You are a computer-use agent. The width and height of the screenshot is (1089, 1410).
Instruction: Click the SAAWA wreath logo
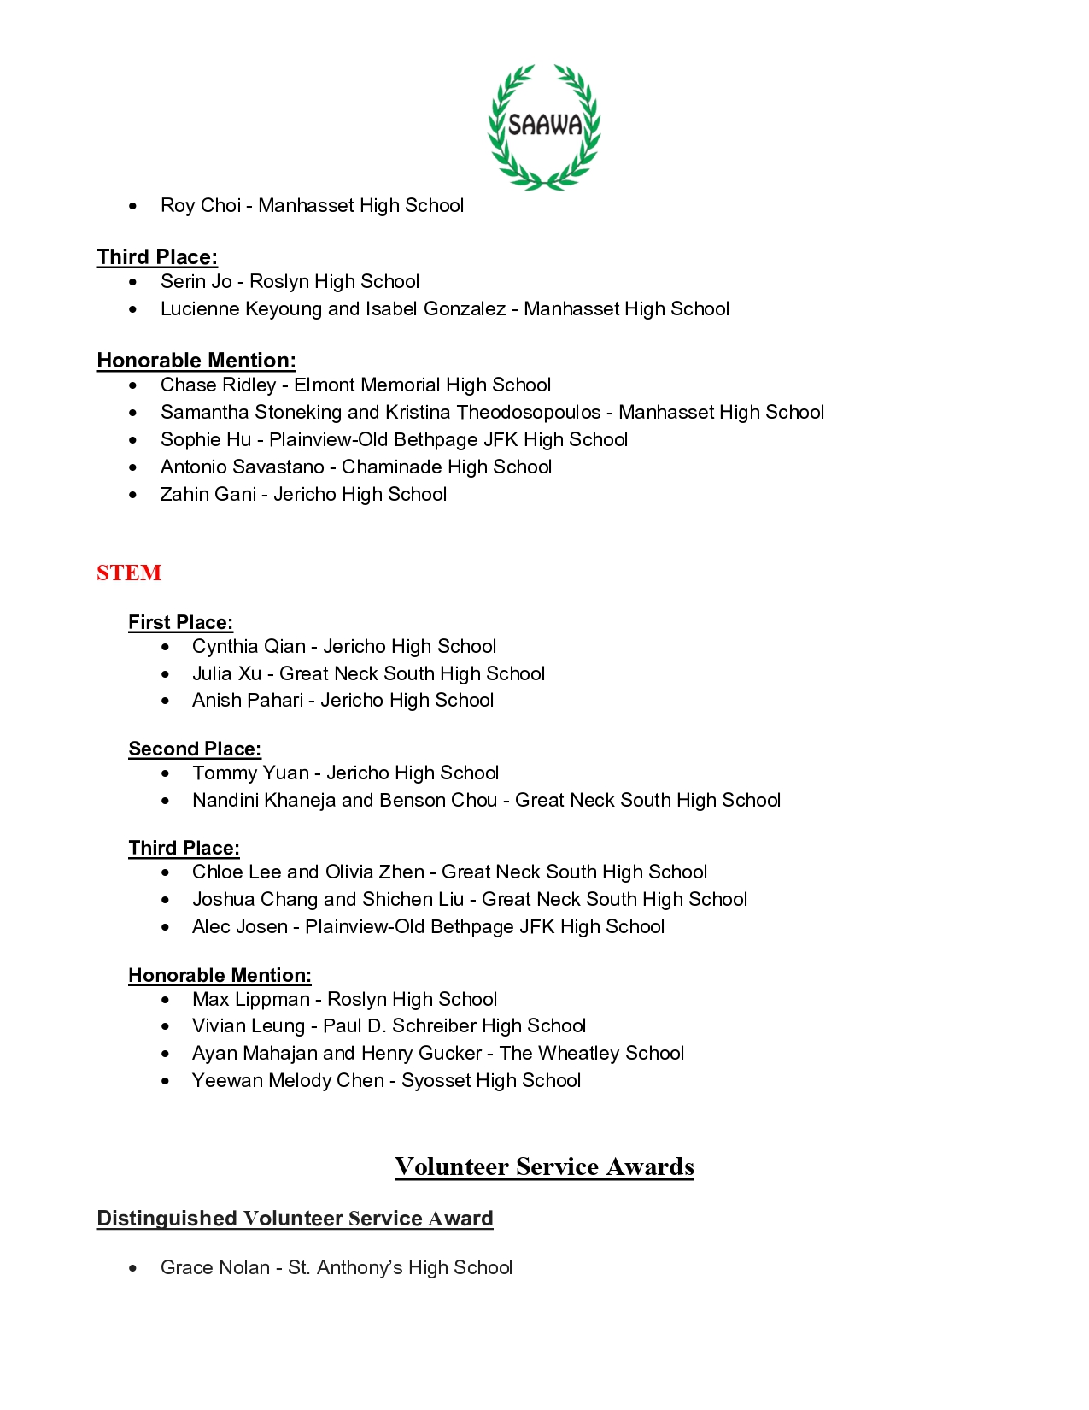click(x=544, y=126)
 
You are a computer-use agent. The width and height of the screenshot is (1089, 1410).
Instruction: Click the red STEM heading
click(x=129, y=573)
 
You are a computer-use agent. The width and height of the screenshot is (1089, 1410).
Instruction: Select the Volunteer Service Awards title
click(x=544, y=1166)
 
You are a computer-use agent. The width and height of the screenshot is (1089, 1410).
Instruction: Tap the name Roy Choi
click(x=201, y=205)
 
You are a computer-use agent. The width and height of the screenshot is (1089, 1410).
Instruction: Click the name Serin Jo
click(x=196, y=281)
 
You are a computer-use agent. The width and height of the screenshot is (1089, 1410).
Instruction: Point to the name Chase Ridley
click(x=218, y=385)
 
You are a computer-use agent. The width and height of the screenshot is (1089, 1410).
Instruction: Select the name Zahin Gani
click(x=208, y=494)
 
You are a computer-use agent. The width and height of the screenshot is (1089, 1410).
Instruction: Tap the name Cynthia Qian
click(x=249, y=646)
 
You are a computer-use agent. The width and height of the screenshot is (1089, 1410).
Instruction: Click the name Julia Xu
click(x=226, y=673)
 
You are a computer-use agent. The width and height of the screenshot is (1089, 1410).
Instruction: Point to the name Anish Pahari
click(x=248, y=700)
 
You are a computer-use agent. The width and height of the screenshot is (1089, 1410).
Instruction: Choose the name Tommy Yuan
click(x=250, y=773)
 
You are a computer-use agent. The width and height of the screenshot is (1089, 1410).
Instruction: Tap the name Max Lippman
click(x=251, y=999)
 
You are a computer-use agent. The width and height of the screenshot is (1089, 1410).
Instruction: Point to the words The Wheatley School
click(x=592, y=1053)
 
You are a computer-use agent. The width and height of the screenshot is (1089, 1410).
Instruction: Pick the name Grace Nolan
click(x=215, y=1267)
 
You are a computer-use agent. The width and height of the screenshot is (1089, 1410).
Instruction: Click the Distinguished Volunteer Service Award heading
click(x=295, y=1218)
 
